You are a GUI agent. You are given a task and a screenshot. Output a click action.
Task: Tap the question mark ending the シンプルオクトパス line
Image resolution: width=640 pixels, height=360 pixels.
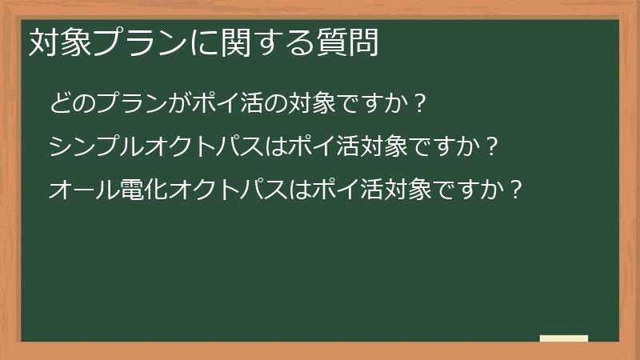[x=494, y=147]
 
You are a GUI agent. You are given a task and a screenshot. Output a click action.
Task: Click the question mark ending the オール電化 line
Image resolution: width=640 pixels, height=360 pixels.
[x=517, y=190]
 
